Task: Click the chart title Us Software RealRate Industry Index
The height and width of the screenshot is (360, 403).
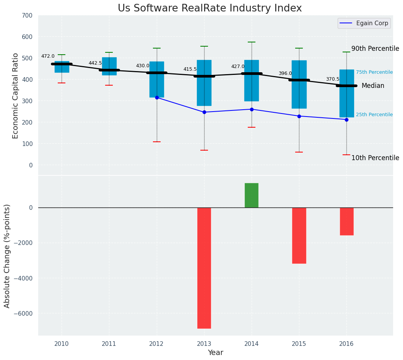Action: tap(210, 8)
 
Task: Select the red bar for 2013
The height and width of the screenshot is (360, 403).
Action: tap(204, 268)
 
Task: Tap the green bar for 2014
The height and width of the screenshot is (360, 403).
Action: tap(252, 195)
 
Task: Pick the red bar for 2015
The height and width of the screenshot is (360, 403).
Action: tap(299, 235)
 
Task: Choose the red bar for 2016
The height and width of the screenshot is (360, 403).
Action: tap(346, 221)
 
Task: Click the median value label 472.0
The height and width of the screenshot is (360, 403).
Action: tap(48, 57)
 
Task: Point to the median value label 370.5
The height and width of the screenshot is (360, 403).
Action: tap(333, 79)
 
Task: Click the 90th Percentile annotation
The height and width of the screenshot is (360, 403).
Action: tap(375, 49)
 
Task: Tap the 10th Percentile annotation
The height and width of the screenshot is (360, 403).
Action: tap(375, 158)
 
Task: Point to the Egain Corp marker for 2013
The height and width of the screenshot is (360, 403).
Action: tap(204, 112)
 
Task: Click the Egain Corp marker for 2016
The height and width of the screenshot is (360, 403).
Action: tap(346, 120)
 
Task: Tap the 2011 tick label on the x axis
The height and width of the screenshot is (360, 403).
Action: tap(109, 344)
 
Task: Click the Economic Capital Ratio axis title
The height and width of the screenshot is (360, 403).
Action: tap(16, 96)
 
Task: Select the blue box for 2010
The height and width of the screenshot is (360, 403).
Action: tap(62, 67)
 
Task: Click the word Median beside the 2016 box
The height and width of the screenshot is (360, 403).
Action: tap(373, 86)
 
